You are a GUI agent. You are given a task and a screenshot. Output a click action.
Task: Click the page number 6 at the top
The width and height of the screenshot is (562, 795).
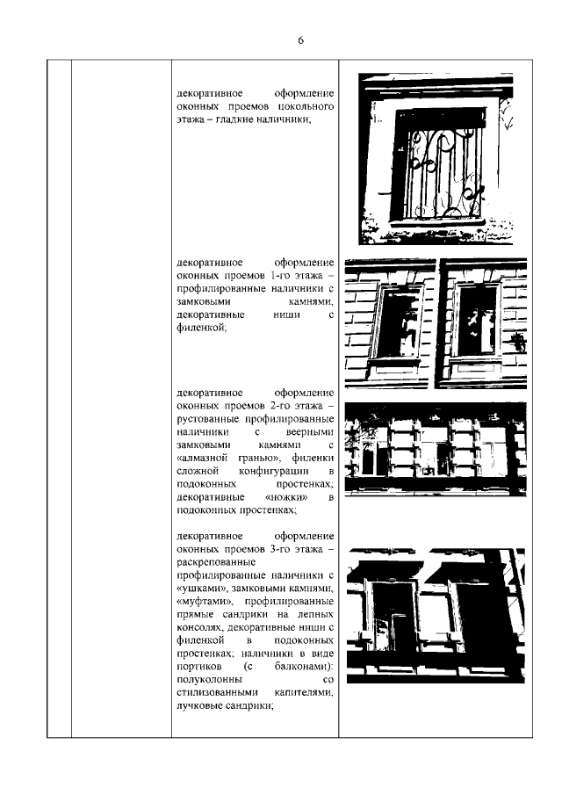click(x=300, y=40)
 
